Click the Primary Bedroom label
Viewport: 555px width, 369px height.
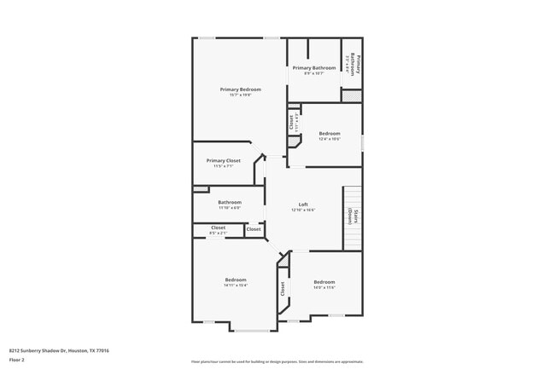pos(240,89)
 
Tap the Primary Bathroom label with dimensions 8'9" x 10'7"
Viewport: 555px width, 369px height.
pos(313,67)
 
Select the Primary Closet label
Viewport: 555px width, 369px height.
pos(223,160)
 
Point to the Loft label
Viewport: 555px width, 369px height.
pos(303,205)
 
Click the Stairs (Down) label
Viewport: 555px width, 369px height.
pos(351,216)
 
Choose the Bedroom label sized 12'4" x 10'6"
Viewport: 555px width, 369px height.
pos(330,133)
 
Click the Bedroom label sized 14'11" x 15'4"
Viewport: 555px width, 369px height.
pos(236,280)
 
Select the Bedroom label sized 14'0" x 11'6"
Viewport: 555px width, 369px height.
pos(324,282)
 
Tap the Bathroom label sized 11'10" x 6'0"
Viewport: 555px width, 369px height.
pos(229,202)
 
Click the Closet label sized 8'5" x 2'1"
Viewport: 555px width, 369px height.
pos(218,228)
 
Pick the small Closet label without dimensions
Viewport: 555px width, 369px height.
pos(254,229)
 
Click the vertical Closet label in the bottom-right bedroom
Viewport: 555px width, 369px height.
pos(283,290)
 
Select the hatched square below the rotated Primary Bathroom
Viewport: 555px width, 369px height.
pos(351,95)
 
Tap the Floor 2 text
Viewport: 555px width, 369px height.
pos(18,360)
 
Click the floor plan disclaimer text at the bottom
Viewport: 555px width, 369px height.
pos(277,361)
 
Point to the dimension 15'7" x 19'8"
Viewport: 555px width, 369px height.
pos(240,95)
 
